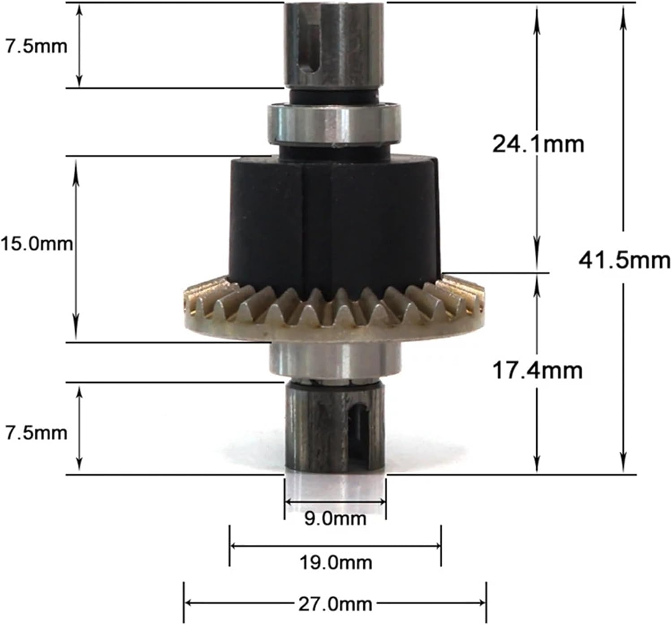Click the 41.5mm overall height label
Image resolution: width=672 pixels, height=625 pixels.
625,260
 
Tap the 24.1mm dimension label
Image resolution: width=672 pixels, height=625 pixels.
538,144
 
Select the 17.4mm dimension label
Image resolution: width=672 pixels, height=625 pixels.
537,370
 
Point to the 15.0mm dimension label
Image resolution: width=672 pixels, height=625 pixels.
37,244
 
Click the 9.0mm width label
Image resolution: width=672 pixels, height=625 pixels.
335,519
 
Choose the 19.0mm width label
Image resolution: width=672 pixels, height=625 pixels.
336,563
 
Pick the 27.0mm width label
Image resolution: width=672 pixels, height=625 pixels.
335,604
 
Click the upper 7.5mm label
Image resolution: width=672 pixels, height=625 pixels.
37,47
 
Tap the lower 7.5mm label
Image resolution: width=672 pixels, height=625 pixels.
37,433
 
